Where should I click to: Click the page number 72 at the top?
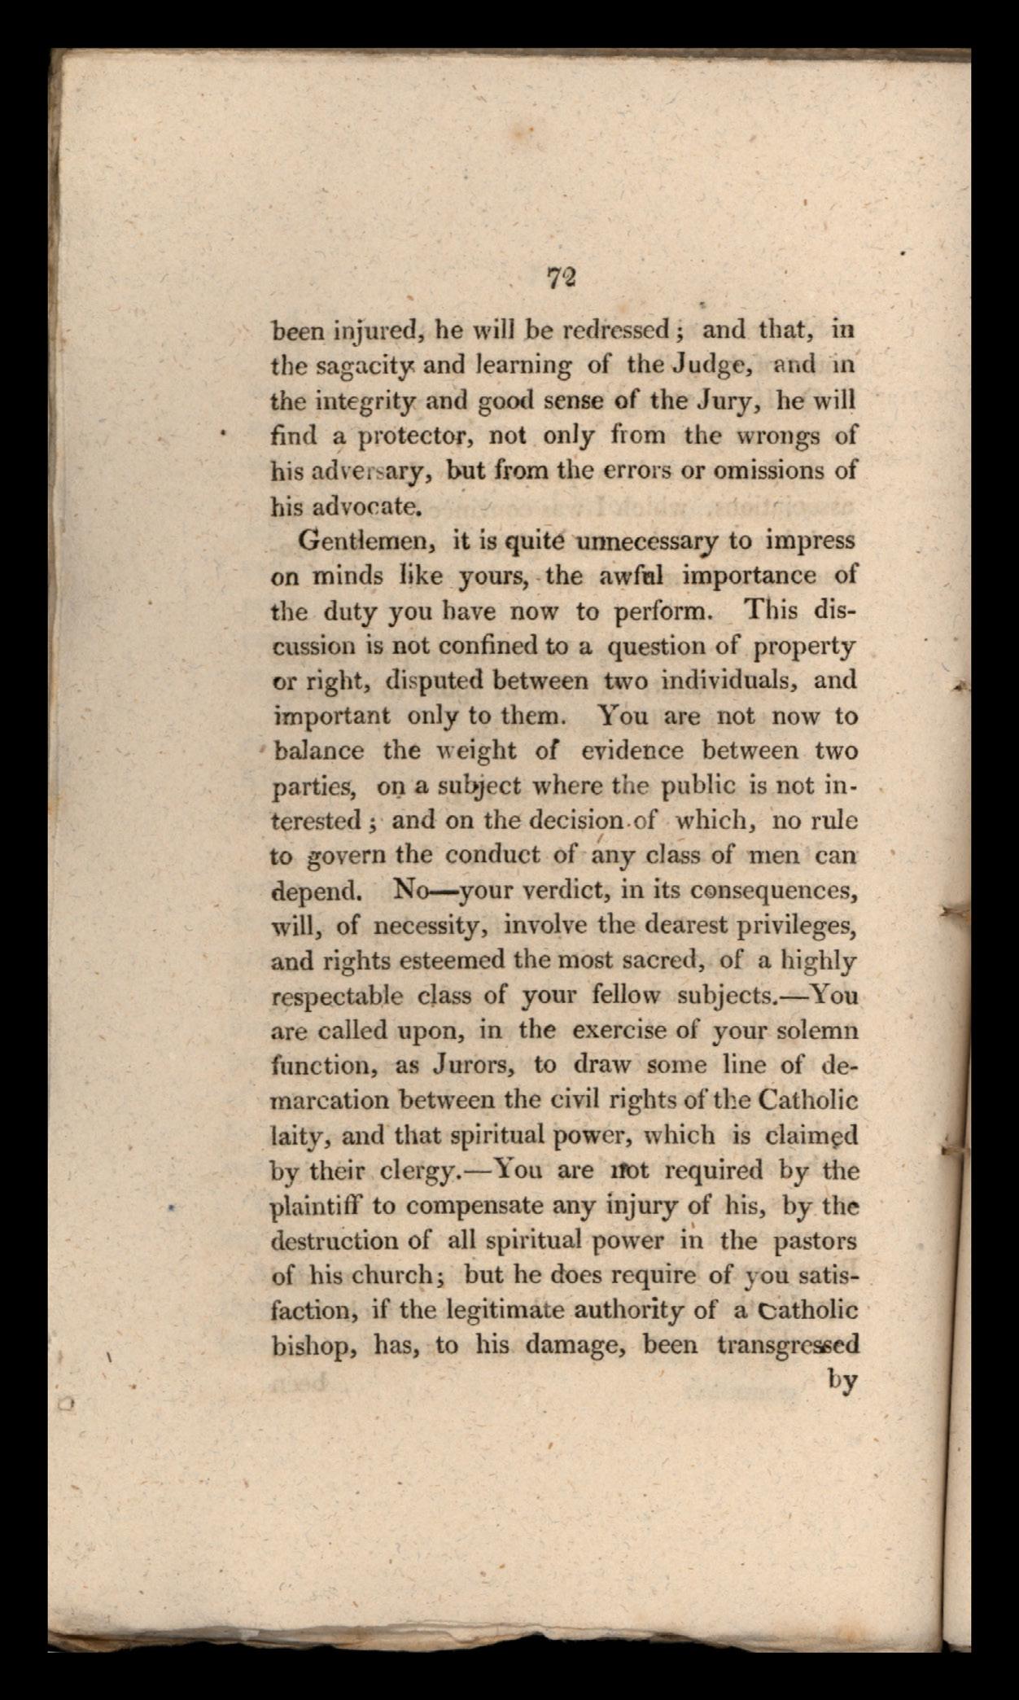[x=562, y=278]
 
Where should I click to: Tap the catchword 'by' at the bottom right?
[x=842, y=1382]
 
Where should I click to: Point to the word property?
[x=804, y=646]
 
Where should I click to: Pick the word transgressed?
[x=787, y=1346]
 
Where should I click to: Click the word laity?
[x=299, y=1137]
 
